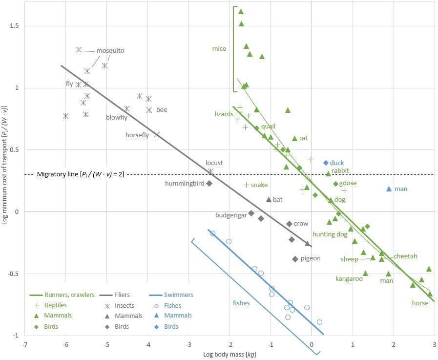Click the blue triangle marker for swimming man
[389, 189]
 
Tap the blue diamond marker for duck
[326, 163]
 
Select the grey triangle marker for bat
[269, 199]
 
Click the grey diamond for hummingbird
[209, 183]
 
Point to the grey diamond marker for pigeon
[295, 259]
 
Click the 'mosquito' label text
[110, 50]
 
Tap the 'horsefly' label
[137, 135]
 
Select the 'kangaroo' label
[349, 279]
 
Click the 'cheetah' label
[405, 256]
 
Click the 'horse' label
[419, 303]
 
